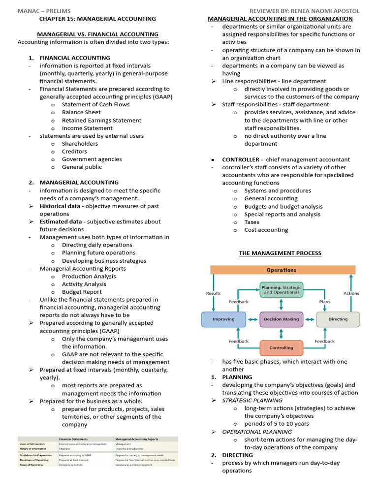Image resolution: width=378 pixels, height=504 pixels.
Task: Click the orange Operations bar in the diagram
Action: click(x=282, y=270)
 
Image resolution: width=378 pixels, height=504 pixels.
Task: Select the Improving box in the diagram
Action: click(x=223, y=319)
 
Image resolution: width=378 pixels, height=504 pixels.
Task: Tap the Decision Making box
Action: click(x=281, y=319)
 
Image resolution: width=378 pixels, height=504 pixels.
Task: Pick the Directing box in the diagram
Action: click(x=338, y=319)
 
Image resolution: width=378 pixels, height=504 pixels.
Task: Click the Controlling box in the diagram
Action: click(x=281, y=347)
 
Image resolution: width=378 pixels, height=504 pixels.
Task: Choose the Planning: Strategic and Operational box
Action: click(x=281, y=289)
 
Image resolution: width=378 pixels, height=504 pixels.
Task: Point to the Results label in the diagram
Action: click(x=213, y=293)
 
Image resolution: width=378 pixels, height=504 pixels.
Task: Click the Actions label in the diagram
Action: click(x=351, y=293)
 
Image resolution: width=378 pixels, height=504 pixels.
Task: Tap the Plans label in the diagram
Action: click(x=325, y=302)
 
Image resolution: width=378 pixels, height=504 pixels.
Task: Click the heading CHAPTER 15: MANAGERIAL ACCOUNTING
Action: click(x=97, y=19)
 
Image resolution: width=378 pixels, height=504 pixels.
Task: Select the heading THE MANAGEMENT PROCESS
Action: click(x=280, y=253)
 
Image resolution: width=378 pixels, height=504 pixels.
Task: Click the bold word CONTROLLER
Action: click(x=241, y=159)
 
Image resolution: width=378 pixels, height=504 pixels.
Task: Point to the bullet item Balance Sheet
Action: click(x=81, y=112)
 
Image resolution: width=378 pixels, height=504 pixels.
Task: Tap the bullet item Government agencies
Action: click(x=92, y=159)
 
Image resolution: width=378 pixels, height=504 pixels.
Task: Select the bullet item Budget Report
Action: click(x=82, y=292)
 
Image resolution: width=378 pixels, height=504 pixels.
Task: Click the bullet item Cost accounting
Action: click(x=266, y=230)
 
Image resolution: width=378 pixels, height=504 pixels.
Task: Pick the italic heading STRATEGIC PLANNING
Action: click(x=251, y=400)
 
